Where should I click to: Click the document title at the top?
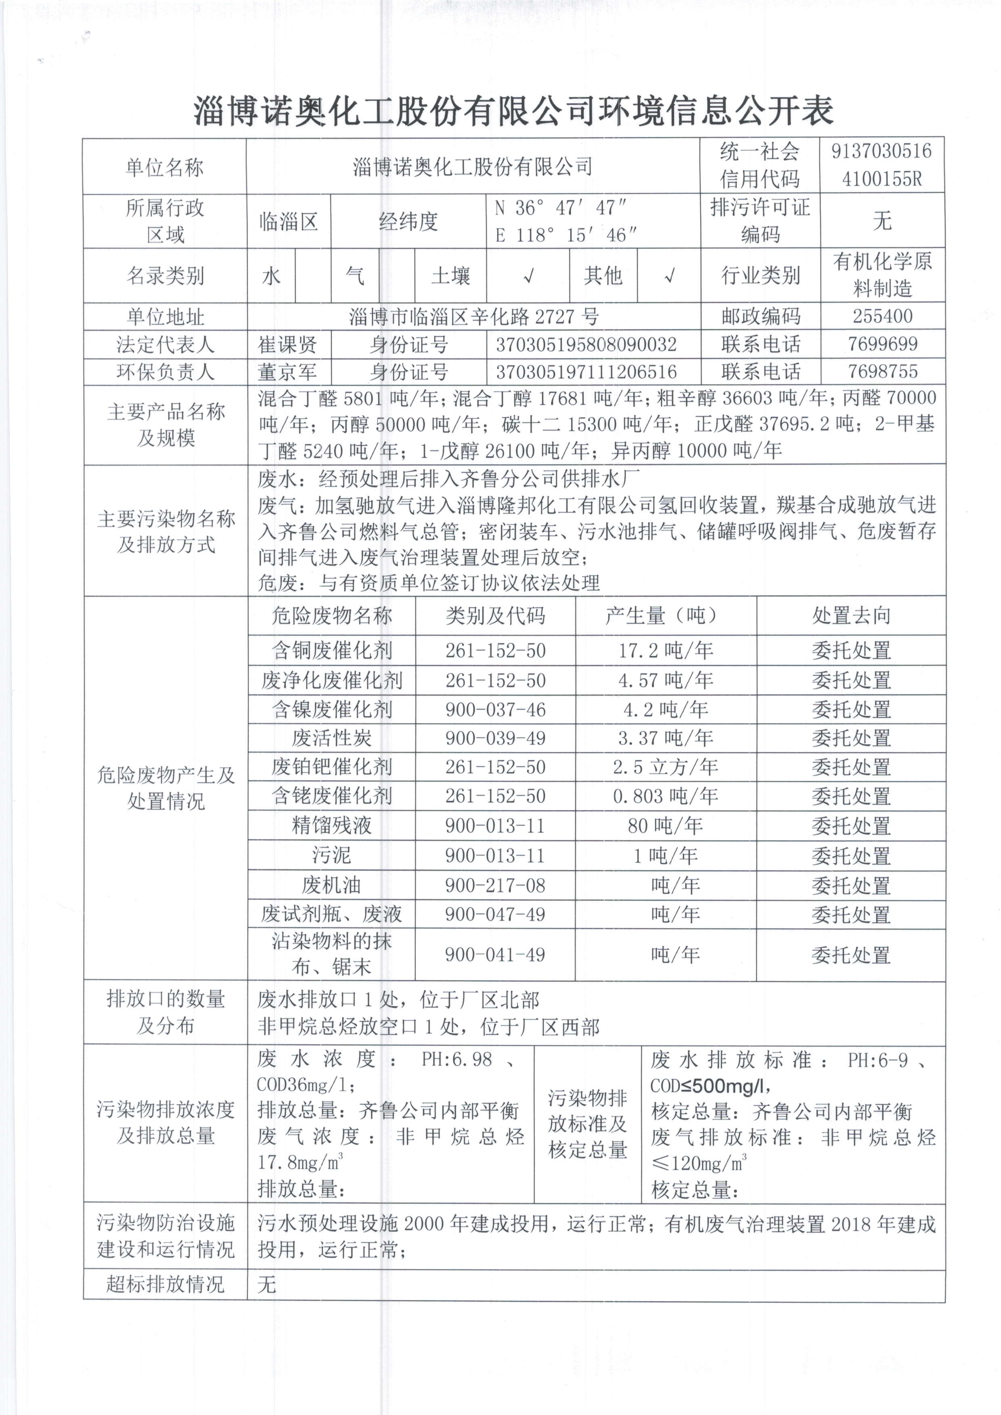coord(513,111)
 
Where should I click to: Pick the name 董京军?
coord(287,372)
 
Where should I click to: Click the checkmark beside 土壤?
coord(528,276)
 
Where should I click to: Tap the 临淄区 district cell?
coord(288,221)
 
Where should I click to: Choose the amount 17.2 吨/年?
coord(666,650)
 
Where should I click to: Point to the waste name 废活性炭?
coord(332,738)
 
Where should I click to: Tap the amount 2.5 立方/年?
coord(666,767)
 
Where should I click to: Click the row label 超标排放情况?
coord(165,1284)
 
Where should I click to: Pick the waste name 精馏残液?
coord(332,825)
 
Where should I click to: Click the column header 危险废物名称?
coord(332,615)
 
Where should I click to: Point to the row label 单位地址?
coord(165,317)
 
